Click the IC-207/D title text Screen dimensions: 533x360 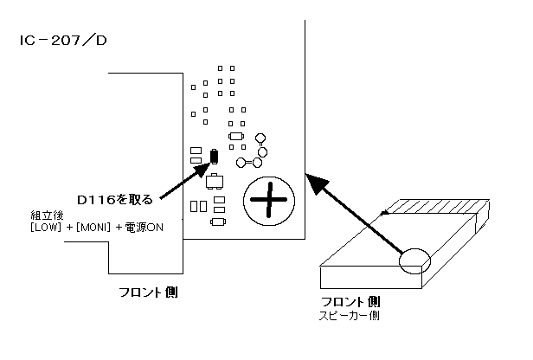(x=63, y=41)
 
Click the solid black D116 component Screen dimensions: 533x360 (x=215, y=157)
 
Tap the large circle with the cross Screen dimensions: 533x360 (x=269, y=201)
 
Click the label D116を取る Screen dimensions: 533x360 (x=115, y=200)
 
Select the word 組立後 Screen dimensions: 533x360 (x=47, y=215)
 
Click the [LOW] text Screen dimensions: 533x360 (x=46, y=227)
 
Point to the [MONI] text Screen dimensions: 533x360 (x=93, y=227)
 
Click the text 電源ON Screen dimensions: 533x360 (x=144, y=227)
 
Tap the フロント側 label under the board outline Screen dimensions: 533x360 (x=148, y=292)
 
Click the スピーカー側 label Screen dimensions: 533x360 (x=349, y=316)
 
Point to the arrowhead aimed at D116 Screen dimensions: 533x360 (x=204, y=169)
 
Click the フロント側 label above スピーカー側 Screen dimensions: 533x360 (x=350, y=302)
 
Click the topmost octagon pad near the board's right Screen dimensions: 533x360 (x=260, y=138)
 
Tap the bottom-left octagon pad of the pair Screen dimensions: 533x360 (x=241, y=163)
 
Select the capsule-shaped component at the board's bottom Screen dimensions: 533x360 (x=218, y=222)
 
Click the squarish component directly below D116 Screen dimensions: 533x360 (x=215, y=181)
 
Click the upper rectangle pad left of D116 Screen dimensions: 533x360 (x=196, y=151)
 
